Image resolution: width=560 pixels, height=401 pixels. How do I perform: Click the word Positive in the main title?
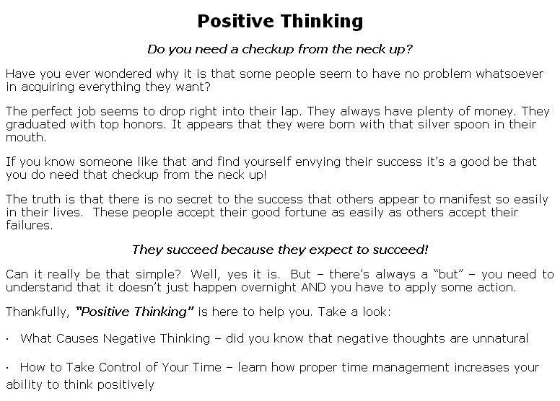point(235,21)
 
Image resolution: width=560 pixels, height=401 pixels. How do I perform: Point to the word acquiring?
point(47,87)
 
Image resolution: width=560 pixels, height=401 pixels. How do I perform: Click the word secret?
point(194,199)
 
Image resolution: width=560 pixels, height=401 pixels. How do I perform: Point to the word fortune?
point(305,213)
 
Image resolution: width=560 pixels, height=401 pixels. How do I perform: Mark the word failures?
point(30,225)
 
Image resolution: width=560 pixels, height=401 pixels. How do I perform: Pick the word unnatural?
point(500,338)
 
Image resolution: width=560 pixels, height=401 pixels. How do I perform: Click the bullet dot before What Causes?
point(7,340)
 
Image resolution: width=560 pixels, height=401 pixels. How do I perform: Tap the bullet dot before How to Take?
point(7,369)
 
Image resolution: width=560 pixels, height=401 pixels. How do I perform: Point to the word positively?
point(126,385)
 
